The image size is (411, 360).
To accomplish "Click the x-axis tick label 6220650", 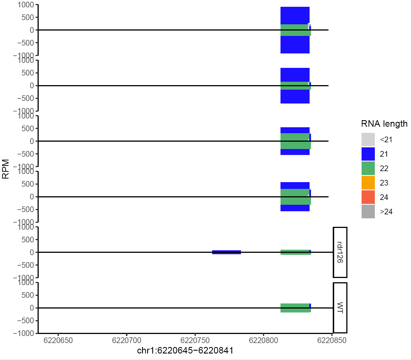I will [58, 340].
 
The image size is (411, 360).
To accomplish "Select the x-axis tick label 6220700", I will [127, 340].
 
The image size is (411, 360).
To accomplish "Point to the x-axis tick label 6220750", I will [195, 340].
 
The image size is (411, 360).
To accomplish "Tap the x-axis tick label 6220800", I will [263, 340].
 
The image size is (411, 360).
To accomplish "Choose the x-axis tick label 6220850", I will [332, 340].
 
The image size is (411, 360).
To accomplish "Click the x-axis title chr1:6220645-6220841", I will [185, 351].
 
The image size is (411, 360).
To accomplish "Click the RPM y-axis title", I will [6, 169].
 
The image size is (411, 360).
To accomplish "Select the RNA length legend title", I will [384, 124].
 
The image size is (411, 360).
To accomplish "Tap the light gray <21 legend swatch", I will [368, 140].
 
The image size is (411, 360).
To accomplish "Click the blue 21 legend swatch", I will [368, 154].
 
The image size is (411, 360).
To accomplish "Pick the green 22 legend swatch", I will [368, 169].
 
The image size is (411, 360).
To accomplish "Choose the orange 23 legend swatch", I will [368, 183].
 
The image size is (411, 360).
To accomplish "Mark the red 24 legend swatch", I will [368, 197].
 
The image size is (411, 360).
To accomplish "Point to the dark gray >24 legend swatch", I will [368, 212].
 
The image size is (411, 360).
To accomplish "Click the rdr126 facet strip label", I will [340, 252].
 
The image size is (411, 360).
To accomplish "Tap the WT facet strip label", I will [340, 308].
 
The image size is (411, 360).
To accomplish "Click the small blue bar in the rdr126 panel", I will [227, 252].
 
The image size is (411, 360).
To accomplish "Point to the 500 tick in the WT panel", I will [28, 295].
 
